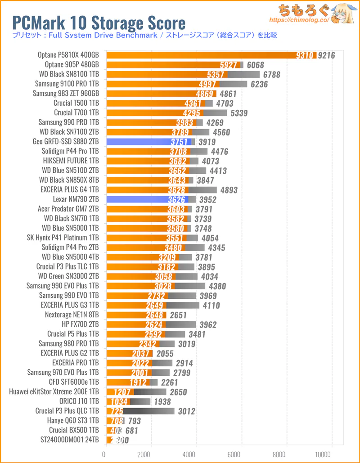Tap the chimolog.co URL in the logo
point(299,20)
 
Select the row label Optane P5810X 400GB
point(68,55)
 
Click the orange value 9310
point(306,55)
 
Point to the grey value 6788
point(270,75)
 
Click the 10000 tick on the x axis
point(332,454)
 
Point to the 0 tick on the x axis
point(104,454)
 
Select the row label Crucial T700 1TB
point(76,113)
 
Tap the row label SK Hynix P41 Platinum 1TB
point(63,238)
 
